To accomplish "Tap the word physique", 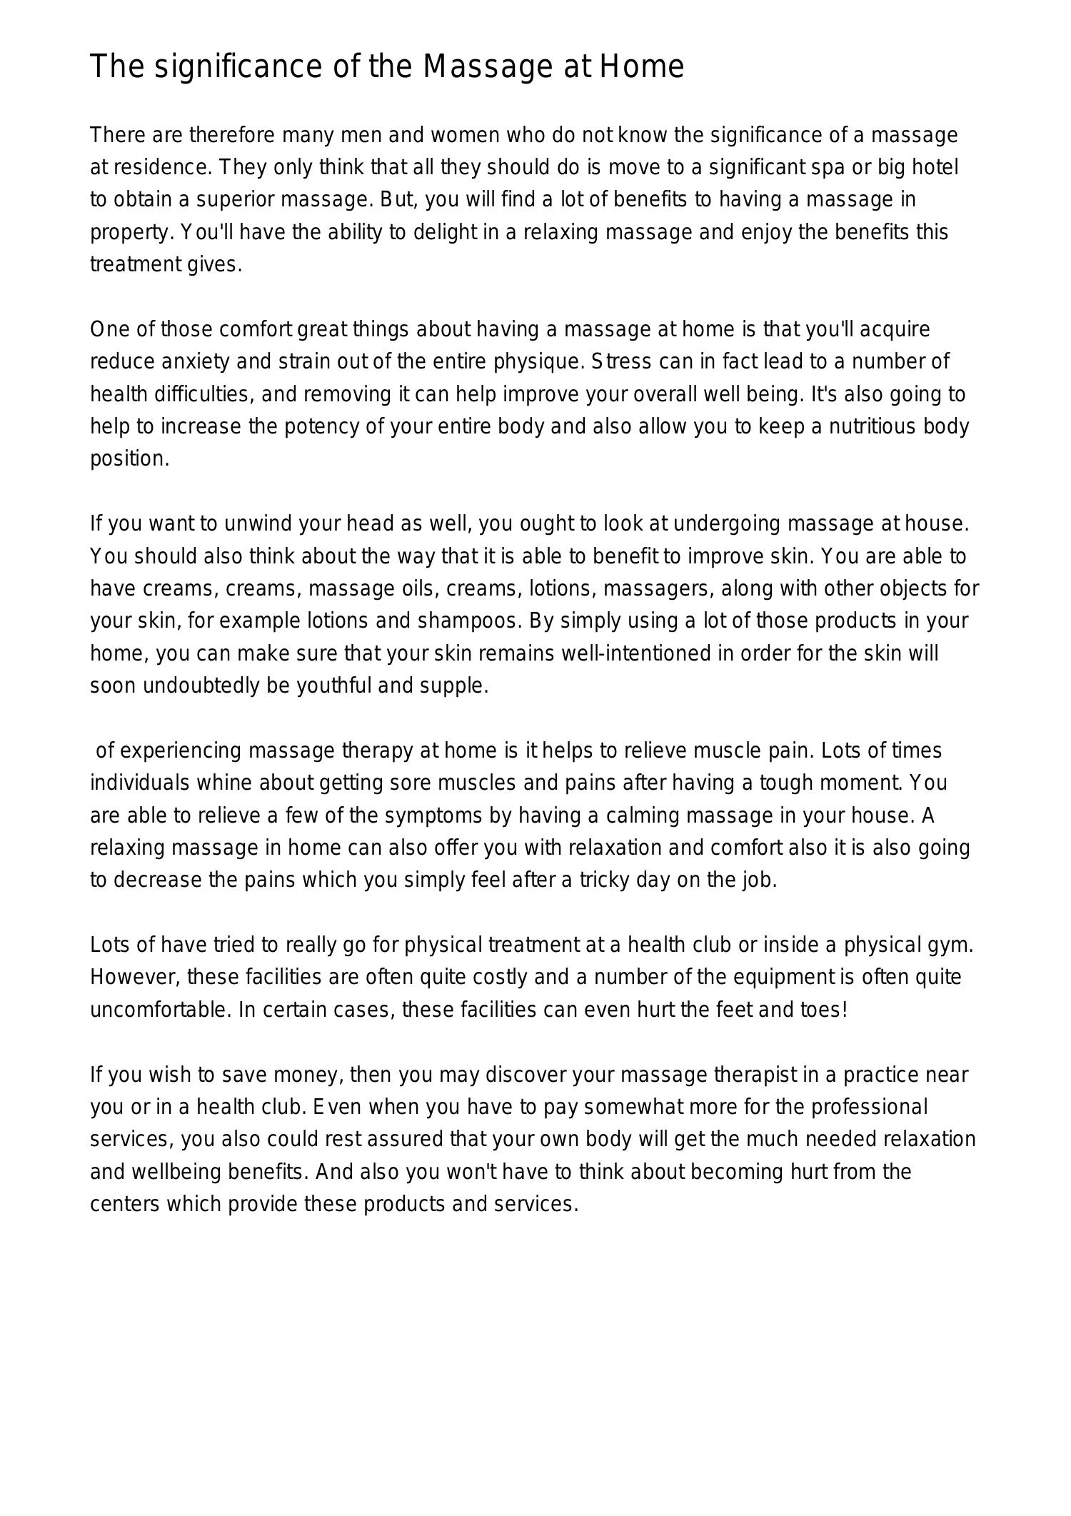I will click(x=538, y=362).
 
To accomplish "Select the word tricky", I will click(x=603, y=880).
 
